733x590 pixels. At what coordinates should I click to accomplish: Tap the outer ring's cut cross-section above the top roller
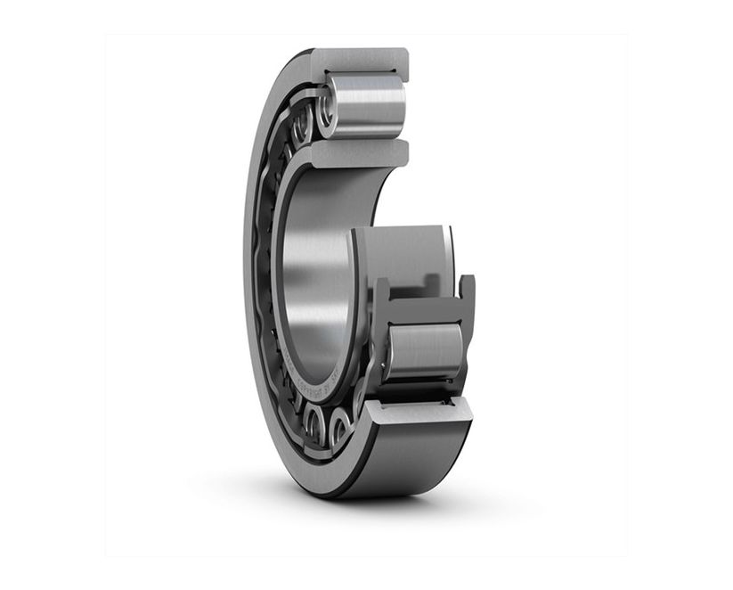(x=361, y=61)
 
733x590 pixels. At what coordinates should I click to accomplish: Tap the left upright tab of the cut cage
(x=380, y=293)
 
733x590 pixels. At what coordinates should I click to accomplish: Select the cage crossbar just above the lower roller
(x=423, y=312)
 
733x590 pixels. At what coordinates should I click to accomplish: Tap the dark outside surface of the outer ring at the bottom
(x=410, y=463)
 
